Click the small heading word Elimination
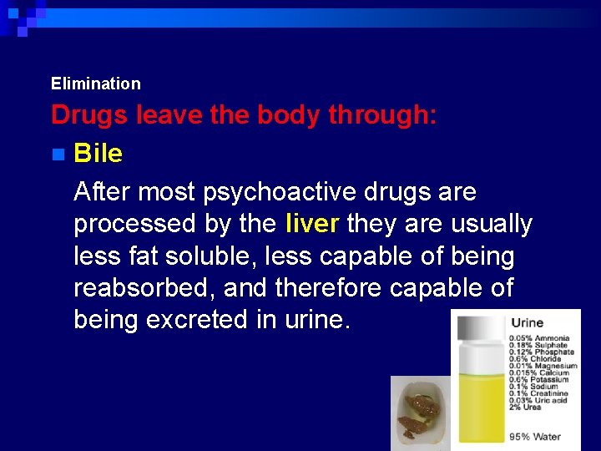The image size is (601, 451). [x=95, y=84]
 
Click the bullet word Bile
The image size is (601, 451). [x=98, y=154]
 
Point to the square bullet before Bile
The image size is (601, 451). [x=57, y=155]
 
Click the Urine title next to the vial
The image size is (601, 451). [x=527, y=323]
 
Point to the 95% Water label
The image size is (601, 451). [x=535, y=437]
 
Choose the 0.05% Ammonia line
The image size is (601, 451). [x=540, y=338]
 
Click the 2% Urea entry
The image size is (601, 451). [x=526, y=407]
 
